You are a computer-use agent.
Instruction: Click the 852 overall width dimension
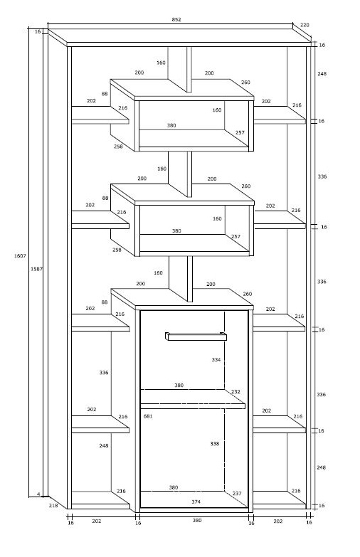pos(176,19)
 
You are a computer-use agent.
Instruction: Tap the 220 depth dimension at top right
pos(305,25)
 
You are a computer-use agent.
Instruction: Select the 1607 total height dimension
pos(20,256)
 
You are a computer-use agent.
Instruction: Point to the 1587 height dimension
pos(36,269)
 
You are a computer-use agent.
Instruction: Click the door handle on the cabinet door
pos(196,336)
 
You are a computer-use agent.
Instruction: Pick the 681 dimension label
pos(148,416)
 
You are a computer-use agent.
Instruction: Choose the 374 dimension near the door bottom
pos(196,502)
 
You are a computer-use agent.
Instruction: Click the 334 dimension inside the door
pos(216,359)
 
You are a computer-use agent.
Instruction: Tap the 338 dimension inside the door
pos(215,443)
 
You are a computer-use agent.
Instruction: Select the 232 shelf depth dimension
pos(235,391)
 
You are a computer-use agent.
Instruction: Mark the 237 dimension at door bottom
pos(237,494)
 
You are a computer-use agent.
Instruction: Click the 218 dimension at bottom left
pos(53,505)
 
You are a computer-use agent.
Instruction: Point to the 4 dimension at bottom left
pos(38,494)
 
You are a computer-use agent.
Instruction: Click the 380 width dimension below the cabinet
pos(197,521)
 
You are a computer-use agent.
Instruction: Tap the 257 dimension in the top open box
pos(240,132)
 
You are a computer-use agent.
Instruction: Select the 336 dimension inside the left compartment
pos(104,372)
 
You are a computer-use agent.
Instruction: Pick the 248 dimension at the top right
pos(322,73)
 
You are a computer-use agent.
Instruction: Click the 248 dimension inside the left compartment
pos(104,445)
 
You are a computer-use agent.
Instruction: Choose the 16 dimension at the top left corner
pos(38,31)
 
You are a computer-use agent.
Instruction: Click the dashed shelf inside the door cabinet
pos(193,399)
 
